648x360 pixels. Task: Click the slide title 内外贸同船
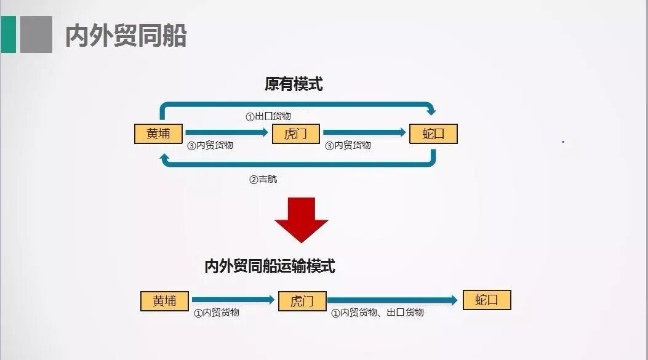tap(126, 36)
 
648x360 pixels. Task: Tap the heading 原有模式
tap(294, 84)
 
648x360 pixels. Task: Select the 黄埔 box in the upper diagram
tap(159, 134)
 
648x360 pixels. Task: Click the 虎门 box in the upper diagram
tap(296, 134)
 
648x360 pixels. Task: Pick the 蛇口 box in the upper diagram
tap(433, 134)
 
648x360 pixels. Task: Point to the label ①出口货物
tap(268, 116)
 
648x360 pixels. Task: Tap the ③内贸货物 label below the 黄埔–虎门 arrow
tap(210, 145)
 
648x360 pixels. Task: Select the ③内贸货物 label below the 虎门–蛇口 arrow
tap(348, 145)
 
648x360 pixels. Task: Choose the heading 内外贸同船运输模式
tap(270, 266)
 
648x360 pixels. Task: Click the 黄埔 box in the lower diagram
tap(164, 301)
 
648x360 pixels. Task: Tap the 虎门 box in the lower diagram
tap(302, 301)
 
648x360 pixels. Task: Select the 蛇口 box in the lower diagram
tap(487, 300)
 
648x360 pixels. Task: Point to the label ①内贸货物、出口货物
tap(378, 313)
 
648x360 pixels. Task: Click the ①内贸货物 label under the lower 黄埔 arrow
tap(217, 313)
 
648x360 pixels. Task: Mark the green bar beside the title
tap(8, 34)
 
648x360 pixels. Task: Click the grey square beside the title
tap(36, 34)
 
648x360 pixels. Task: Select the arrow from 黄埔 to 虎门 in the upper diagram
tap(227, 132)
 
